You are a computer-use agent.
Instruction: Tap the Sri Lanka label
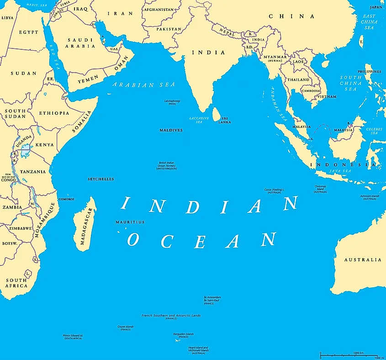coord(224,120)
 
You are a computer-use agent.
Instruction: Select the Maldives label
coord(171,130)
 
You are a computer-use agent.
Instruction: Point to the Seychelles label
coord(100,179)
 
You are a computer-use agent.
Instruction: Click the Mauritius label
coord(130,222)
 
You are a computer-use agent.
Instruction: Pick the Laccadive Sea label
coord(199,120)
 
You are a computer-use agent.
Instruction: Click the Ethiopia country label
coord(54,113)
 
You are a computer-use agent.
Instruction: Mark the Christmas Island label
coord(320,189)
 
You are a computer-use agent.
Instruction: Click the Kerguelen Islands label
coord(184,335)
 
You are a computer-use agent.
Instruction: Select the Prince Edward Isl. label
coord(73,337)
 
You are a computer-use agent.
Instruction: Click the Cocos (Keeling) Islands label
coord(274,191)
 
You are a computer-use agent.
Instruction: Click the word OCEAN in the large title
coord(202,240)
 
